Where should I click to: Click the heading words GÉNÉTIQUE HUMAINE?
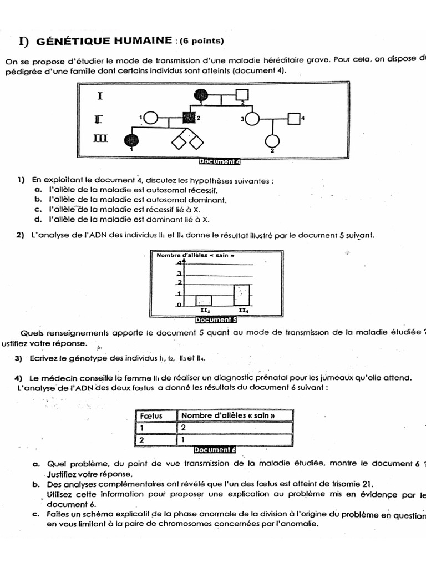[103, 40]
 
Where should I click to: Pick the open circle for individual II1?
[151, 118]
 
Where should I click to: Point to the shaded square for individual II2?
[189, 118]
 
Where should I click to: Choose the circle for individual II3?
[252, 118]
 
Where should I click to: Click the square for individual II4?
[294, 118]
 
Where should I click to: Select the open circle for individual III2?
[273, 141]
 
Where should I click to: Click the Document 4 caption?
[219, 162]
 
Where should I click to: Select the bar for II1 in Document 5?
[203, 300]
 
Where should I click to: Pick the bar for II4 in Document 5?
[241, 295]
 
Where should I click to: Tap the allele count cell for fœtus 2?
[234, 440]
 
